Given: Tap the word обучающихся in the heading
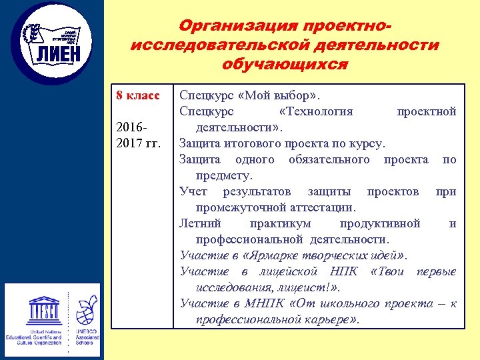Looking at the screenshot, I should coord(285,65).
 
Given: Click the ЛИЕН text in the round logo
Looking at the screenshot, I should coord(57,53).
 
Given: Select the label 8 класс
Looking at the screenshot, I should coord(137,95).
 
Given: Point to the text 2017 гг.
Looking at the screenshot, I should coord(138,143).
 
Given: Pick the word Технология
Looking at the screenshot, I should coord(316,111).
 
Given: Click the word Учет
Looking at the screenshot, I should coord(193,191).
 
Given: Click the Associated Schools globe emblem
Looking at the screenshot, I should coord(87,309).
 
